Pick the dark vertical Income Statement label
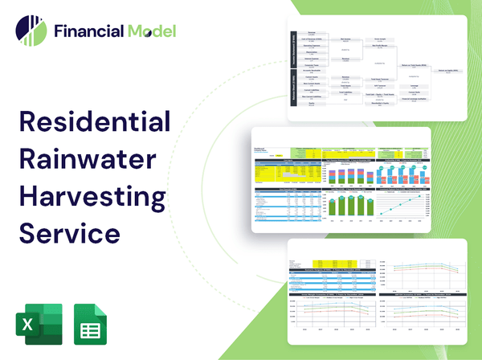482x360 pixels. (295, 50)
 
